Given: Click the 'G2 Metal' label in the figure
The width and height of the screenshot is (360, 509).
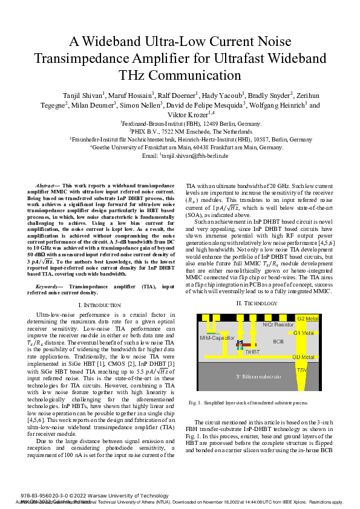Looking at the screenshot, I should [x=308, y=318].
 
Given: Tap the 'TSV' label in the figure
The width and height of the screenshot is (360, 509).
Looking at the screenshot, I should [x=301, y=370].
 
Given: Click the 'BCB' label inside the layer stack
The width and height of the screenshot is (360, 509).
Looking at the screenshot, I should [x=278, y=342].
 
